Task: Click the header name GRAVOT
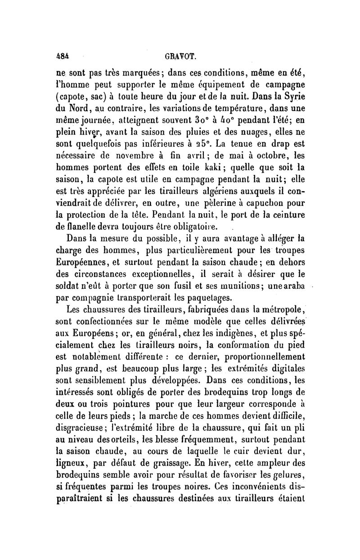(179, 58)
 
